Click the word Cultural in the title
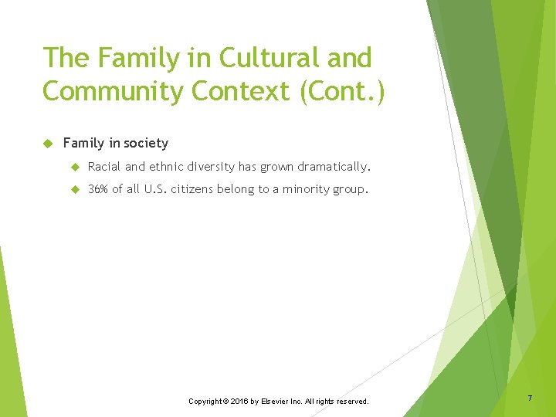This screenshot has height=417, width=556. [x=265, y=58]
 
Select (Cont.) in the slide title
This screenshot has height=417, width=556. [x=340, y=91]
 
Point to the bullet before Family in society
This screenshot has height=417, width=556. [x=48, y=143]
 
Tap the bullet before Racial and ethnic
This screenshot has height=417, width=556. [x=75, y=167]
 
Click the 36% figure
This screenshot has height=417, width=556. [x=98, y=189]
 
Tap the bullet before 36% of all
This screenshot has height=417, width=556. [x=75, y=189]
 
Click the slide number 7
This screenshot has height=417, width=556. [x=530, y=398]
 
